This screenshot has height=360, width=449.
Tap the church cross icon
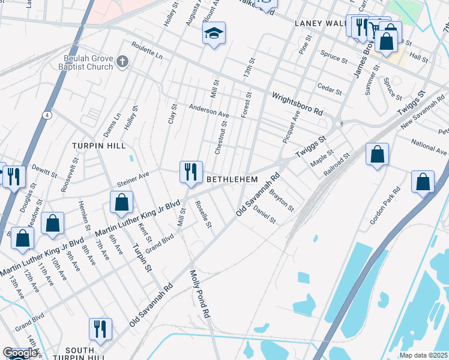pyautogui.click(x=122, y=61)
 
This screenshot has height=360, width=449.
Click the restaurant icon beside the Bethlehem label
pyautogui.click(x=191, y=172)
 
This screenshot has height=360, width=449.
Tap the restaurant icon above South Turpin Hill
pyautogui.click(x=100, y=329)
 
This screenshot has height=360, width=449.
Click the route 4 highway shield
pyautogui.click(x=47, y=115)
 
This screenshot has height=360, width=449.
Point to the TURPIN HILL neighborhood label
pyautogui.click(x=99, y=146)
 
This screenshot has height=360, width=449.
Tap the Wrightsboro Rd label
pyautogui.click(x=298, y=104)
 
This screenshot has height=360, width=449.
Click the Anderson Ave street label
pyautogui.click(x=209, y=112)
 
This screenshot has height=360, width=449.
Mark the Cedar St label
pyautogui.click(x=330, y=89)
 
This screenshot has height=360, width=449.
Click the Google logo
pyautogui.click(x=20, y=353)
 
